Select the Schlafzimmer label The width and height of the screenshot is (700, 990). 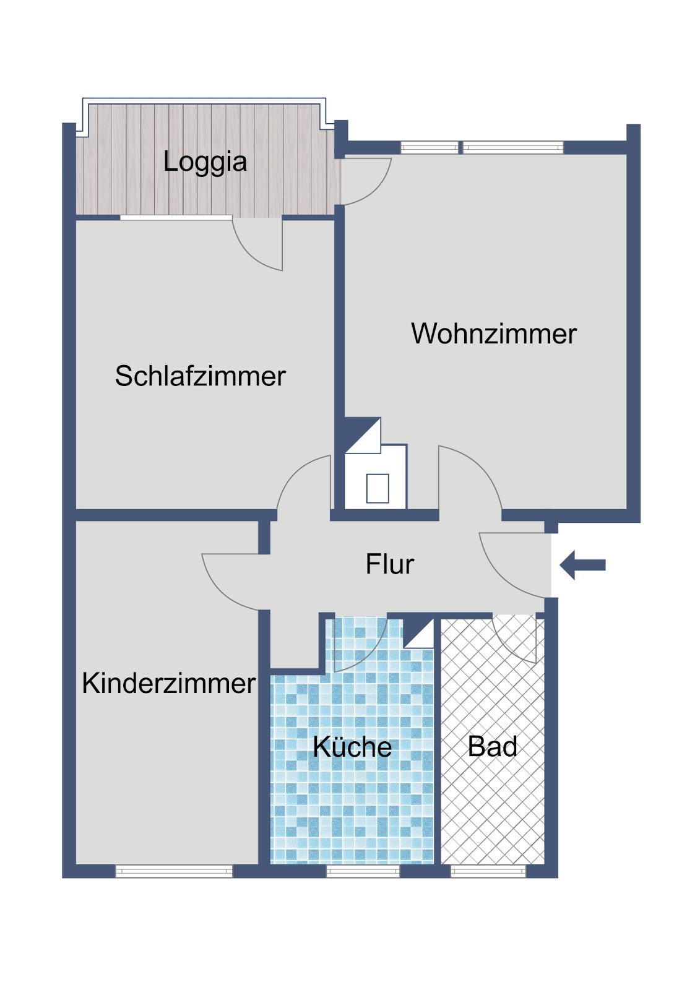[x=201, y=376]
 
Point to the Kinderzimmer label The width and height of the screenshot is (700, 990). [x=169, y=683]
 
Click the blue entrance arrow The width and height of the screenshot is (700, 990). [x=582, y=565]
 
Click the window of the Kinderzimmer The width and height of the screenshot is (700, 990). [x=174, y=871]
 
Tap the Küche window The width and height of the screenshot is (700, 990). [x=363, y=871]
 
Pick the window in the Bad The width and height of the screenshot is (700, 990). [x=488, y=871]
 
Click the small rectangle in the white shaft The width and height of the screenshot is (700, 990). [x=377, y=488]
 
